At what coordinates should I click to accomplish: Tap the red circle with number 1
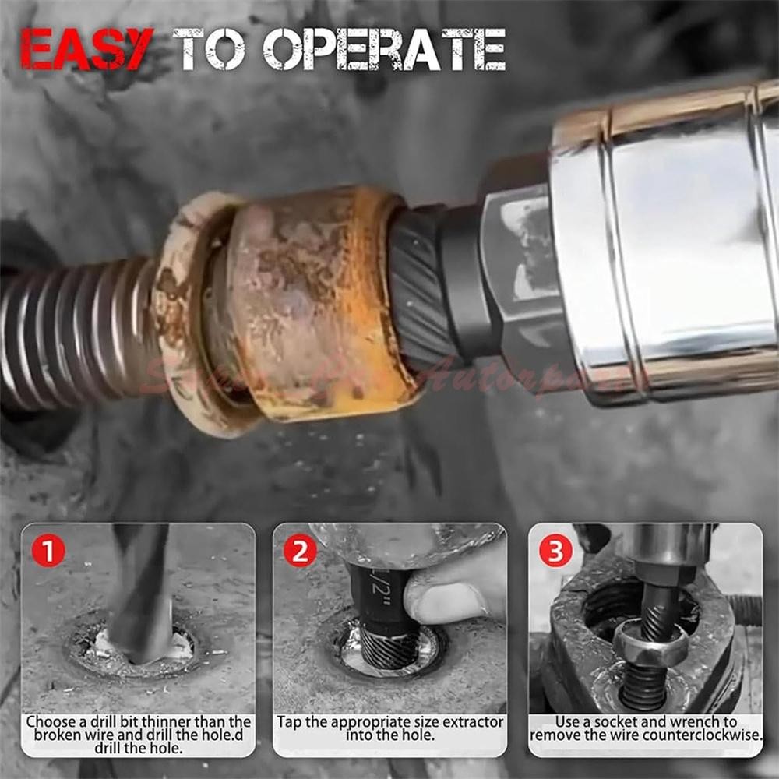pyautogui.click(x=48, y=552)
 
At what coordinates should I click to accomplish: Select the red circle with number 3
pyautogui.click(x=555, y=552)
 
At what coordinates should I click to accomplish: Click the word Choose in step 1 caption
pyautogui.click(x=51, y=722)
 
